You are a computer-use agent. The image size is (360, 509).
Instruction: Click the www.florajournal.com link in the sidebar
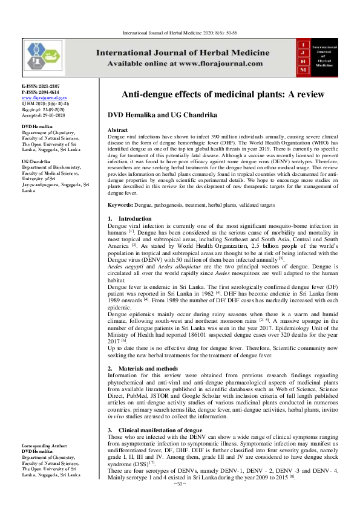tap(44, 97)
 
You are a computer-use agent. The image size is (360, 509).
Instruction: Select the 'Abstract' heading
tap(117, 130)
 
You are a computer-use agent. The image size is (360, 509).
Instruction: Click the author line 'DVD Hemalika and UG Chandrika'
tap(165, 115)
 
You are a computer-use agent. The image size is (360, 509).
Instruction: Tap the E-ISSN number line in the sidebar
tap(41, 87)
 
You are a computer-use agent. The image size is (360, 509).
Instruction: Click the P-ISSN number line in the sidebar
tap(41, 92)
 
